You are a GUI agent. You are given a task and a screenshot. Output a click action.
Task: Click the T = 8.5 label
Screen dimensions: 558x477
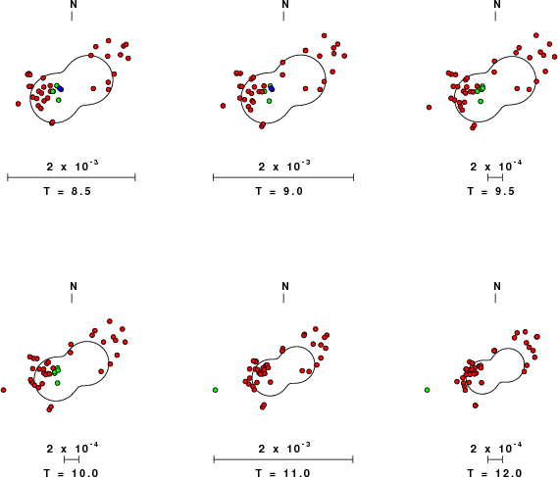tap(68, 191)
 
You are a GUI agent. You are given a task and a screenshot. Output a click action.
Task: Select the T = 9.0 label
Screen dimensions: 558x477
tap(279, 191)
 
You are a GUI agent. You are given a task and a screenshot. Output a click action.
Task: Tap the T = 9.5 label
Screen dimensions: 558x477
tap(491, 191)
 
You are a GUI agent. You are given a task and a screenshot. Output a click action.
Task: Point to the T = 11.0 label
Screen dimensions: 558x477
tap(279, 473)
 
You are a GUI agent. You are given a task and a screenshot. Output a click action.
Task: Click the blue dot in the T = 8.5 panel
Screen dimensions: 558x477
tap(61, 88)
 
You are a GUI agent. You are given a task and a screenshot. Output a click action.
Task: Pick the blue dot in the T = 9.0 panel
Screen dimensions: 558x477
tap(272, 88)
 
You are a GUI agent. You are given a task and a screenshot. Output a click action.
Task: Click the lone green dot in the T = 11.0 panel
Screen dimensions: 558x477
tap(216, 390)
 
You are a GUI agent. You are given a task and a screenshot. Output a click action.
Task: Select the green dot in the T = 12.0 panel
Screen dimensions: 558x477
tap(427, 390)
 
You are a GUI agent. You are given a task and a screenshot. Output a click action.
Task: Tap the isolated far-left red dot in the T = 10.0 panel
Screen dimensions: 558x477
tap(4, 390)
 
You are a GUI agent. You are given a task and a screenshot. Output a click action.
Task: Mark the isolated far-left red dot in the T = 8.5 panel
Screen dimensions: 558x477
tap(19, 104)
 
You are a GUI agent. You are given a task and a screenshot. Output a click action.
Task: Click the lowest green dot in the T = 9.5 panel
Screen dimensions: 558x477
tap(481, 101)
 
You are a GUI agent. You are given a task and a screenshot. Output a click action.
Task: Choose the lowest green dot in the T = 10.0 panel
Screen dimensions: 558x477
tap(58, 383)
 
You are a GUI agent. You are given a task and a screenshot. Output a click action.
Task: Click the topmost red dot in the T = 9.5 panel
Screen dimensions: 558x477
tap(536, 35)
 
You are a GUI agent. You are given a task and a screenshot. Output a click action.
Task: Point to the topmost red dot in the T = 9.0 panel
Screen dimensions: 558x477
tap(325, 35)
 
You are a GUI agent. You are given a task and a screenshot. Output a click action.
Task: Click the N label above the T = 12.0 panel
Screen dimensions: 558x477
tap(497, 286)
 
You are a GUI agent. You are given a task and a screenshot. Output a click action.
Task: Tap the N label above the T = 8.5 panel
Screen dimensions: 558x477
tap(74, 4)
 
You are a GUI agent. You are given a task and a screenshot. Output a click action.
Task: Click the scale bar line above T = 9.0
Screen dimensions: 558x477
tap(283, 177)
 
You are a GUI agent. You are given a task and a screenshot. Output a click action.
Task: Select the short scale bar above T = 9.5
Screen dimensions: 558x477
tap(495, 177)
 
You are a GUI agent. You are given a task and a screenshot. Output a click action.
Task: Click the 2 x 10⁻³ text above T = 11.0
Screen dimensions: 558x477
tap(284, 448)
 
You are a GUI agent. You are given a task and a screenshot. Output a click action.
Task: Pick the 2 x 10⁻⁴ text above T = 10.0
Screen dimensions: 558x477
tap(73, 448)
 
